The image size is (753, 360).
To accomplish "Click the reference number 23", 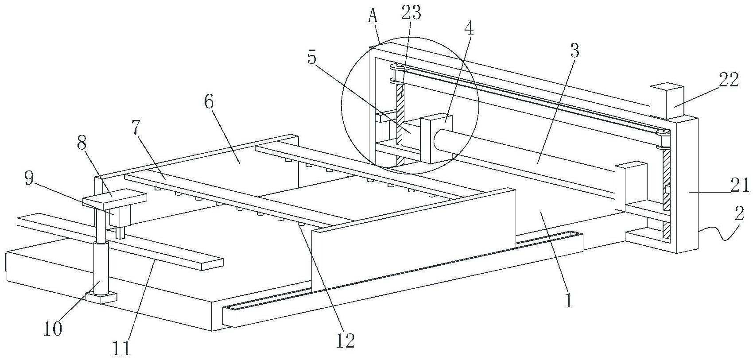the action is click(x=411, y=13).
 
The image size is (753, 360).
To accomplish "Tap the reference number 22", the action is click(x=729, y=80).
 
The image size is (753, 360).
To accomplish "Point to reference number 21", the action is click(x=740, y=185).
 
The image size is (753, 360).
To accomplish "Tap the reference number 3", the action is click(x=575, y=50).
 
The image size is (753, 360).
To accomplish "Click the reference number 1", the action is click(x=568, y=300).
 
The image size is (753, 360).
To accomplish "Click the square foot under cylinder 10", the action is click(x=101, y=298).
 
